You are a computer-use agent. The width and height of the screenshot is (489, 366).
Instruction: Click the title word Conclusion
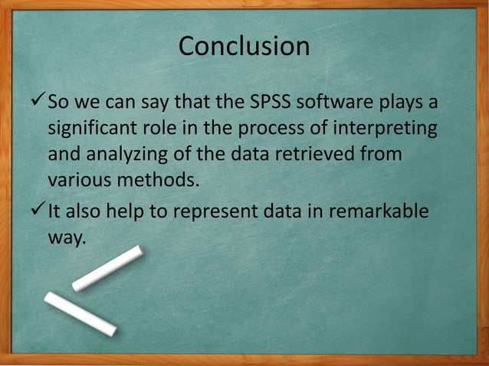coord(244,47)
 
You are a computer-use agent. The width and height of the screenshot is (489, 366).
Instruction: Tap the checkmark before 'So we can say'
coord(37,101)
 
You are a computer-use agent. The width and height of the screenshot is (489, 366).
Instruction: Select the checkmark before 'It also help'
coord(37,211)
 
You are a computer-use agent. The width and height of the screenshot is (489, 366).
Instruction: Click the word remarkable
coord(379,211)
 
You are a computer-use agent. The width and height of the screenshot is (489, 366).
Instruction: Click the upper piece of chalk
coord(107,269)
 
